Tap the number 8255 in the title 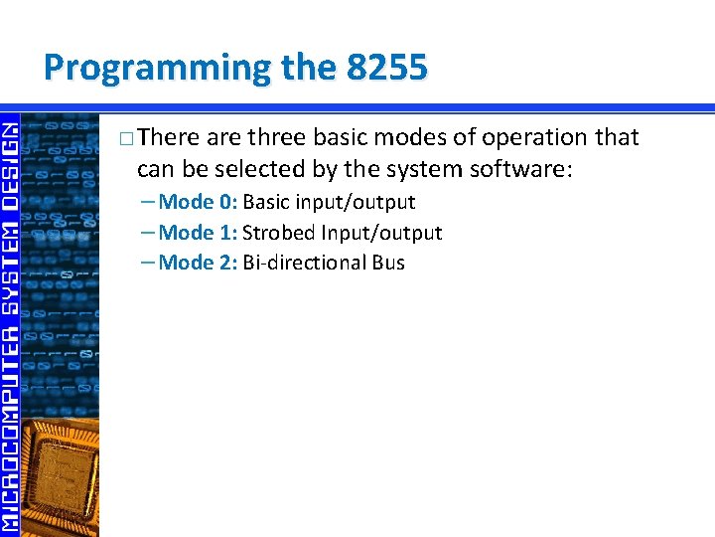[387, 68]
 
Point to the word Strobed [279, 233]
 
